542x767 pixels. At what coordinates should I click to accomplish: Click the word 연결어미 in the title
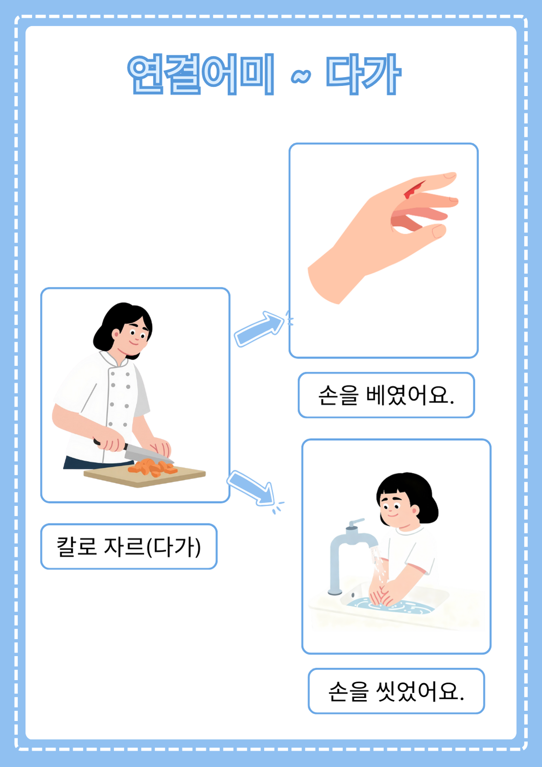tap(200, 74)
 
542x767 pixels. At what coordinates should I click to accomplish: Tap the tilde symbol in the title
tap(301, 76)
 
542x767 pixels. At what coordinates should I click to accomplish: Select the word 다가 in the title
tap(363, 74)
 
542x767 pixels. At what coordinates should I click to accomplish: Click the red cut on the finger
tap(414, 190)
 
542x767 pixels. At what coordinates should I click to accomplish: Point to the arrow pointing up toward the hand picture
tap(259, 329)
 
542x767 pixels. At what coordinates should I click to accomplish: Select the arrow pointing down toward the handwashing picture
tap(251, 488)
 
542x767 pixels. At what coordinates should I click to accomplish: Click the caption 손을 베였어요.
tap(386, 395)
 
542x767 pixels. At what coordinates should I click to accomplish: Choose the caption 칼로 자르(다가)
tap(128, 547)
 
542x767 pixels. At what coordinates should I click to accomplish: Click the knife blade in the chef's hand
tap(147, 454)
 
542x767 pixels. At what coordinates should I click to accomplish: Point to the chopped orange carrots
tap(152, 467)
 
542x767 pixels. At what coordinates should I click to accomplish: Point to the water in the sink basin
tap(390, 606)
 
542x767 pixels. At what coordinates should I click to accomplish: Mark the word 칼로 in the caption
tap(77, 547)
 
